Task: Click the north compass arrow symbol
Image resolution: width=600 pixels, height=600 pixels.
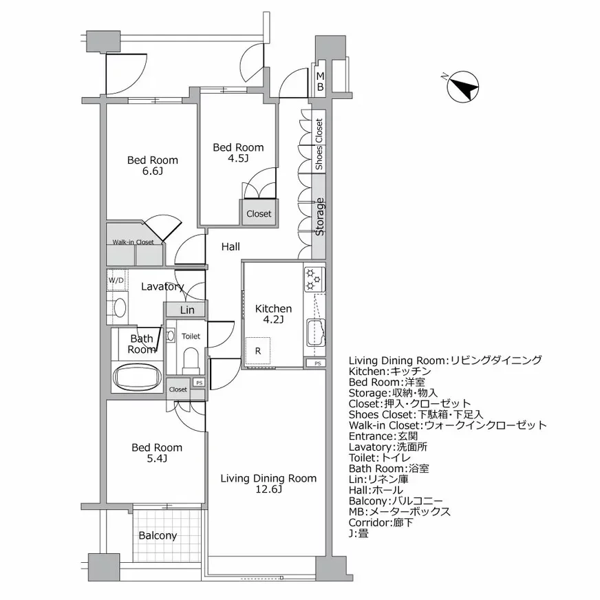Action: pyautogui.click(x=463, y=87)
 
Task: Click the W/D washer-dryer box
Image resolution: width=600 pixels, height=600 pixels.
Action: pyautogui.click(x=117, y=280)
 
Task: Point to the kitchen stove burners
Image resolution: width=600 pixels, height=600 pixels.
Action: pyautogui.click(x=314, y=279)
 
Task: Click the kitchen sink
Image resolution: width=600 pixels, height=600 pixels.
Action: pyautogui.click(x=316, y=332)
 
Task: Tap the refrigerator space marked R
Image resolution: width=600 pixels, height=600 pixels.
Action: pyautogui.click(x=257, y=351)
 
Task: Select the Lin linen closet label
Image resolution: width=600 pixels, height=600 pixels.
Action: pyautogui.click(x=187, y=310)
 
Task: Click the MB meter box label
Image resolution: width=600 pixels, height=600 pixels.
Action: pyautogui.click(x=320, y=81)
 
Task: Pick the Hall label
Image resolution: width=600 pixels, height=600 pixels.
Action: pyautogui.click(x=231, y=247)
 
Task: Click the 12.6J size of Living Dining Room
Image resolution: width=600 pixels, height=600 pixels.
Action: pyautogui.click(x=268, y=489)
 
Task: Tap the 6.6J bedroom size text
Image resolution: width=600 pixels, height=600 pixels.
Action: pyautogui.click(x=152, y=171)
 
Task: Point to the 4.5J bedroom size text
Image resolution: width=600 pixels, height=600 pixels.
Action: pyautogui.click(x=238, y=158)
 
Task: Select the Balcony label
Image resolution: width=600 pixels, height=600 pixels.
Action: pyautogui.click(x=158, y=535)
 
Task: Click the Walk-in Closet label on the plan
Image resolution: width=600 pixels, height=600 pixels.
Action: pyautogui.click(x=133, y=242)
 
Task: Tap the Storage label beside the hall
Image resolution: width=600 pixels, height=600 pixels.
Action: pyautogui.click(x=319, y=217)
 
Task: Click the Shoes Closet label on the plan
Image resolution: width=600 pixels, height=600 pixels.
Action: pyautogui.click(x=319, y=144)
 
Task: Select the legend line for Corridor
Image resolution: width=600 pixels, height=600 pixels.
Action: pyautogui.click(x=381, y=522)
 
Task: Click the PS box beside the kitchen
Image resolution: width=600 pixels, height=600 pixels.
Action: pyautogui.click(x=318, y=363)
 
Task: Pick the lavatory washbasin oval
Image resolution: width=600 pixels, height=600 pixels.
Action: pyautogui.click(x=120, y=308)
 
